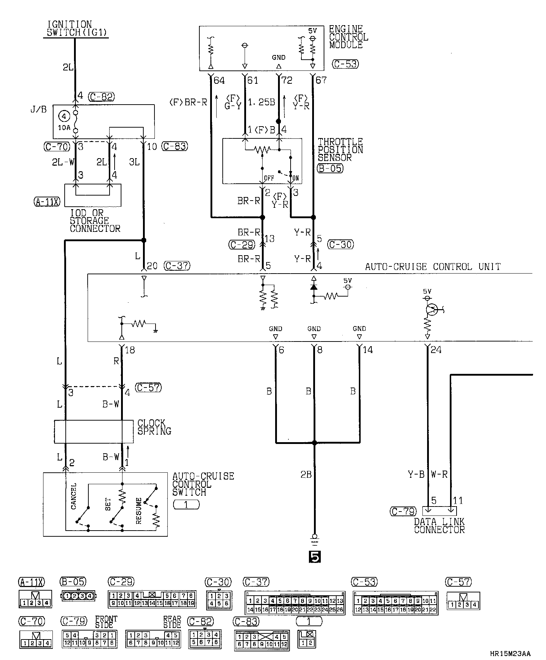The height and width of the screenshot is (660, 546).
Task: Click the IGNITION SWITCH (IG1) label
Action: [x=77, y=29]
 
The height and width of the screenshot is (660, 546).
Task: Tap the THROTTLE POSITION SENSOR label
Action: [x=340, y=150]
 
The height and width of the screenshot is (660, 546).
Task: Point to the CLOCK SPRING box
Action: [x=94, y=431]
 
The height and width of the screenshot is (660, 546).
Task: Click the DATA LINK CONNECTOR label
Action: [x=439, y=526]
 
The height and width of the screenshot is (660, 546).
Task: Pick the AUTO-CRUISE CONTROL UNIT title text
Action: [x=432, y=267]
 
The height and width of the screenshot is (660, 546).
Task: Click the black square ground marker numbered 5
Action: [x=315, y=557]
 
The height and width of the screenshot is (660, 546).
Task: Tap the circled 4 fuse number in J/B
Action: [x=64, y=116]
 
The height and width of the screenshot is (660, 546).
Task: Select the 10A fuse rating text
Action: [x=64, y=127]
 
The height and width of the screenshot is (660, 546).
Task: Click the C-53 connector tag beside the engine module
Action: [x=345, y=64]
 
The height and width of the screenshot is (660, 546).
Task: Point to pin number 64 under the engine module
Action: [x=219, y=80]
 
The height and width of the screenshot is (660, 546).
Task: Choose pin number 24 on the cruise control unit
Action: [x=436, y=349]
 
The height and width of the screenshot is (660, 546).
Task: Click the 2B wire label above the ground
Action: [x=306, y=475]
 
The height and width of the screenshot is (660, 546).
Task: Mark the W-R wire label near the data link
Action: [x=439, y=475]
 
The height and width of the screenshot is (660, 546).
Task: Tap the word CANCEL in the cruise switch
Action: [x=74, y=496]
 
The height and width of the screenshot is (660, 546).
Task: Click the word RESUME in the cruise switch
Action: [x=139, y=510]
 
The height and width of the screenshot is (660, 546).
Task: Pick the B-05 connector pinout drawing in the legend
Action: [x=78, y=596]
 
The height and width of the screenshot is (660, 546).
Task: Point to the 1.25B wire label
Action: [x=262, y=102]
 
